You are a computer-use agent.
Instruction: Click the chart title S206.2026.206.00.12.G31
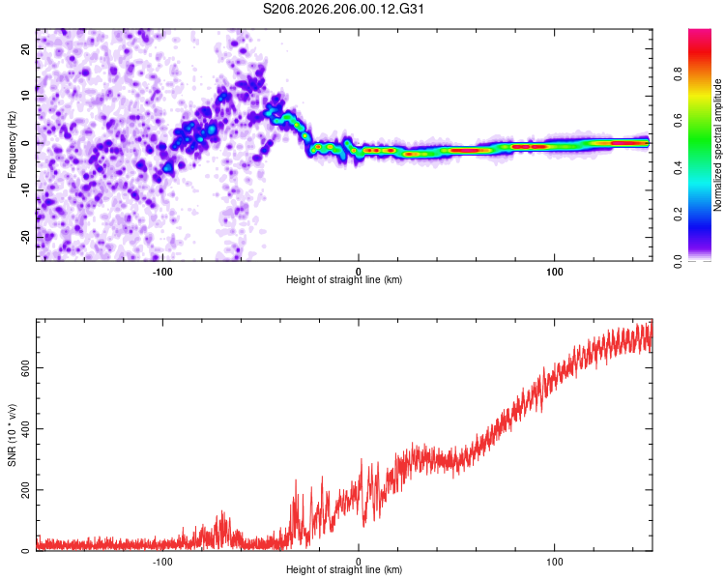[x=343, y=9]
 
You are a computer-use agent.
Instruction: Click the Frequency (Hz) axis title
[x=12, y=145]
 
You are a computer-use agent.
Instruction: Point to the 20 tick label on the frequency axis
[x=26, y=49]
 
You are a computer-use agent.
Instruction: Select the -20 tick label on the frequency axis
[x=26, y=237]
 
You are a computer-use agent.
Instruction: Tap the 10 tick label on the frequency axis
[x=26, y=96]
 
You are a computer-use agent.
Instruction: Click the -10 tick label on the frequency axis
[x=26, y=190]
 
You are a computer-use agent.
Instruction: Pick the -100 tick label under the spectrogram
[x=162, y=272]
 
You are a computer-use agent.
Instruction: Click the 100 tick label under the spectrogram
[x=555, y=272]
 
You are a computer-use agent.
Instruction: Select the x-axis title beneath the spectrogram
[x=344, y=279]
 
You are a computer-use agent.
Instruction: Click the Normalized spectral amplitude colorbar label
[x=717, y=145]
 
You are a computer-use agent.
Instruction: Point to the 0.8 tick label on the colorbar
[x=678, y=74]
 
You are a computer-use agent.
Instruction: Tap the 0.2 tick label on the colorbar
[x=678, y=215]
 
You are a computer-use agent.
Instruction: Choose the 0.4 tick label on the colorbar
[x=678, y=167]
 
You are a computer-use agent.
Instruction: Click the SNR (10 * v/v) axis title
[x=12, y=435]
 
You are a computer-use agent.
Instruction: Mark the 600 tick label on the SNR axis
[x=26, y=367]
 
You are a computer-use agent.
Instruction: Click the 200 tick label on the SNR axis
[x=26, y=490]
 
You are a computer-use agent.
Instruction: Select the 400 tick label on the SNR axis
[x=26, y=429]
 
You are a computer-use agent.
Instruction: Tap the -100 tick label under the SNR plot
[x=162, y=562]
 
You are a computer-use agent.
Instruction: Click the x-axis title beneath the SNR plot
[x=344, y=569]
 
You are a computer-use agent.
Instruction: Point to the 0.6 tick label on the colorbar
[x=678, y=121]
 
